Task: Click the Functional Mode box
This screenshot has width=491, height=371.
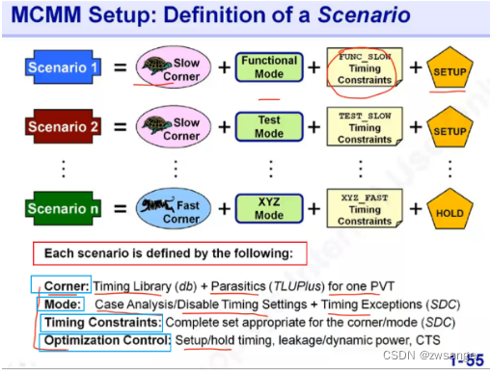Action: [269, 67]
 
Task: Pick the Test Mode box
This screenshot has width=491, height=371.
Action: [269, 127]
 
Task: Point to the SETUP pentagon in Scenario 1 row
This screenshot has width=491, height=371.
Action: [448, 69]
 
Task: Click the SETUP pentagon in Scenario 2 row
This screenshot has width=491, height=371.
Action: [448, 129]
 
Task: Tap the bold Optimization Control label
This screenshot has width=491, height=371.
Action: [107, 340]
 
